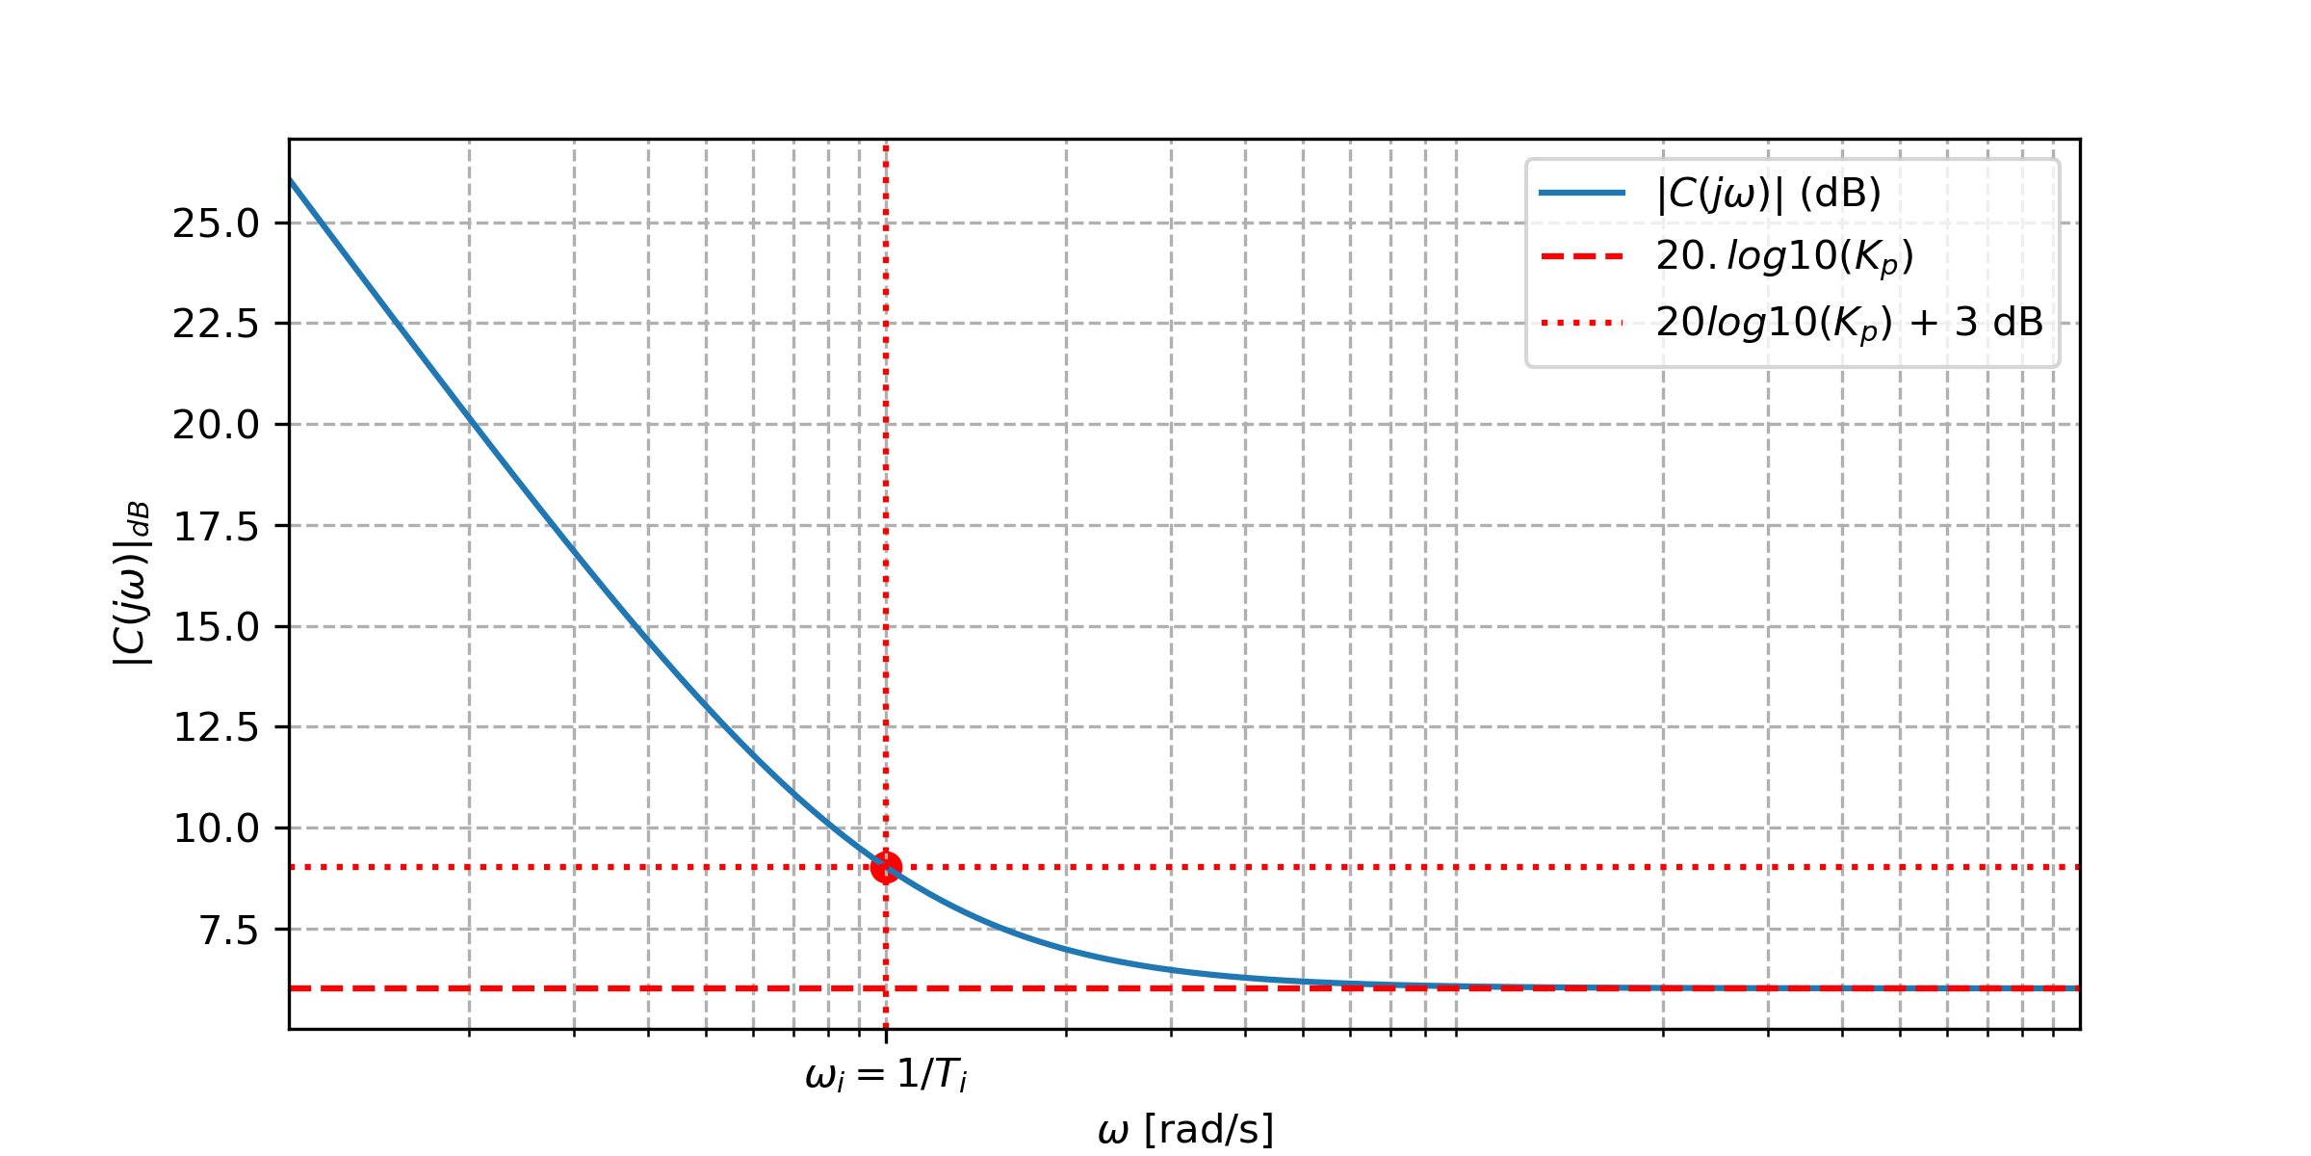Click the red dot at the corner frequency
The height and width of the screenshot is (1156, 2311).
click(x=886, y=867)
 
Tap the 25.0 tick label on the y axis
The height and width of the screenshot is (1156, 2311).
click(x=216, y=223)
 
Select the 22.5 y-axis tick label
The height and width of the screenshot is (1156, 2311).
click(x=216, y=325)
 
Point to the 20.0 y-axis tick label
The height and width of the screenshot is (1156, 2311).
click(x=216, y=425)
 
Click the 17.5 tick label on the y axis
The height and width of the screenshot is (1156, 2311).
click(x=216, y=527)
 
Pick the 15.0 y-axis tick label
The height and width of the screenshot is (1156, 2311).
click(x=216, y=627)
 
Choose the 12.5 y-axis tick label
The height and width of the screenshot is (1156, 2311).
click(x=216, y=727)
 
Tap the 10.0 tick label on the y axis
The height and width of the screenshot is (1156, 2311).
click(x=216, y=828)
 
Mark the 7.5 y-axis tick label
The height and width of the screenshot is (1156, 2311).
click(x=228, y=931)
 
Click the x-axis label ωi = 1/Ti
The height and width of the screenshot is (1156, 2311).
click(x=886, y=1074)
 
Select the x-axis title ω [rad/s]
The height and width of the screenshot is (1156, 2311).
click(x=1184, y=1129)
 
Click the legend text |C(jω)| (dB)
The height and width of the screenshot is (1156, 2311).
click(x=1768, y=194)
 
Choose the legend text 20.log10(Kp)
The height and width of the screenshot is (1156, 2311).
click(x=1784, y=257)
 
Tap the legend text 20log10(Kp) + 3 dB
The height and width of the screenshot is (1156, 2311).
click(x=1849, y=323)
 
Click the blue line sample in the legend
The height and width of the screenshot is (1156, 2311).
click(x=1582, y=194)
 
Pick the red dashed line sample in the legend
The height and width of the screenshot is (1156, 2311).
click(x=1582, y=257)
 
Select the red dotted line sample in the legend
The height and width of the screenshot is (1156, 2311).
click(x=1582, y=323)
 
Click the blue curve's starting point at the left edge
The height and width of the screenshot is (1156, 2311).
click(x=291, y=180)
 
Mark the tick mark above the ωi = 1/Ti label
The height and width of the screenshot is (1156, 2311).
click(x=886, y=1036)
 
